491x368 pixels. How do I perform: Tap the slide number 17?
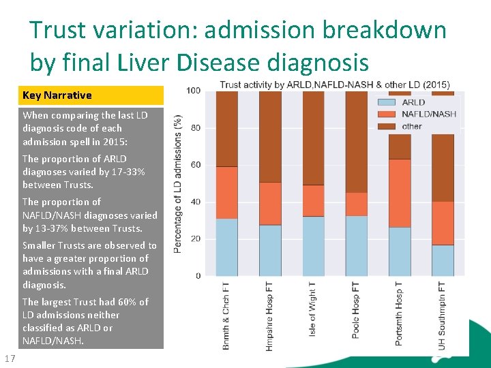(x=10, y=359)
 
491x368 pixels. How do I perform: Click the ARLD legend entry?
(x=413, y=103)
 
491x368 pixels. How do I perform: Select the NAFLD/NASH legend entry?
(x=429, y=114)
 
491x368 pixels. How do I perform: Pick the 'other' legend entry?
(x=412, y=126)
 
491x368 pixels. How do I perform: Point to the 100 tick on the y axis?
(x=194, y=91)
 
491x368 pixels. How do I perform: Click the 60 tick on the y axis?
(x=196, y=165)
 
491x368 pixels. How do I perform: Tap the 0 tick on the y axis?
(x=198, y=276)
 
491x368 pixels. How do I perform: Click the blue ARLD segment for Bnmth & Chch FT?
(x=226, y=247)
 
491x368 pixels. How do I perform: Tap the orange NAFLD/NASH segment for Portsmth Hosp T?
(x=400, y=194)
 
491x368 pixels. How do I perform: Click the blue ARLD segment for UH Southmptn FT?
(x=443, y=260)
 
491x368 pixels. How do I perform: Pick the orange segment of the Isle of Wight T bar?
(x=313, y=201)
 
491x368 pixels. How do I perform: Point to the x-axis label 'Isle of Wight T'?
(x=312, y=310)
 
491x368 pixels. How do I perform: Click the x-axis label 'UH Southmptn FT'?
(x=443, y=315)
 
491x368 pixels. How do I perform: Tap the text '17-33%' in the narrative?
(x=129, y=172)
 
